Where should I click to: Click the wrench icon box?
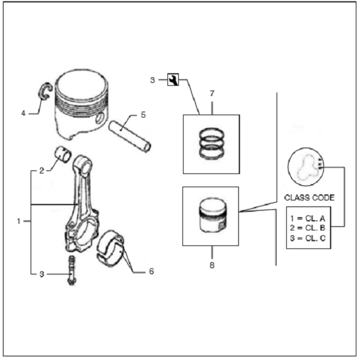click(x=173, y=80)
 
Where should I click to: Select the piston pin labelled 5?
click(x=130, y=136)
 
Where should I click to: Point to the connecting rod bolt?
click(x=71, y=271)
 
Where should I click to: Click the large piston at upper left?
click(x=82, y=104)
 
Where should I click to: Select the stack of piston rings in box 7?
click(x=211, y=143)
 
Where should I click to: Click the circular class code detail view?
click(x=305, y=167)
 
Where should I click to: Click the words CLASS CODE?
click(x=309, y=197)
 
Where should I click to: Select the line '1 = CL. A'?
click(x=308, y=218)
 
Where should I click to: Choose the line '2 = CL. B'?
click(x=308, y=228)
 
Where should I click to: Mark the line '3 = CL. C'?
click(x=308, y=238)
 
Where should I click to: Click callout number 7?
click(x=212, y=94)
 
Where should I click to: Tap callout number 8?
click(x=212, y=265)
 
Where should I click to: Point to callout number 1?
click(x=19, y=221)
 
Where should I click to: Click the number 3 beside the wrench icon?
click(x=152, y=80)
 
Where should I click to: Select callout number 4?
click(x=23, y=113)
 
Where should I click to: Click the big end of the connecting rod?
click(x=82, y=232)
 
